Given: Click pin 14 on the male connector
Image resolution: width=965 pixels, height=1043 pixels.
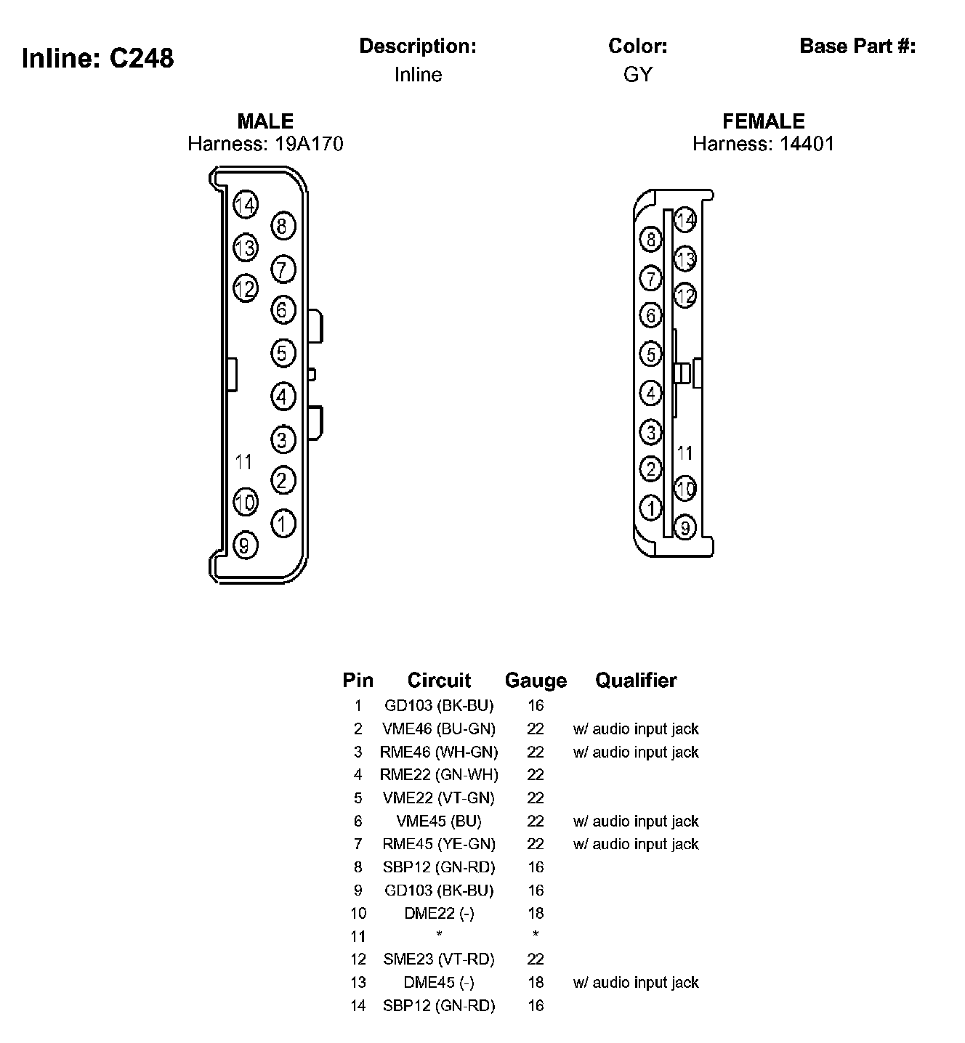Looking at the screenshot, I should pyautogui.click(x=246, y=206).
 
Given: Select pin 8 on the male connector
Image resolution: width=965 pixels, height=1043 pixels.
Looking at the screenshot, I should pyautogui.click(x=283, y=226).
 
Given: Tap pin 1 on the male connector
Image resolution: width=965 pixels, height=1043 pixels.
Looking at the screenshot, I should pyautogui.click(x=283, y=523).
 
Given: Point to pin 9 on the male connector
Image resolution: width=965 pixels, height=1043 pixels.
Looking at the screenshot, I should pyautogui.click(x=245, y=545).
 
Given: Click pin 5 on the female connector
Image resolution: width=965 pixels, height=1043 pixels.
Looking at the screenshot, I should pyautogui.click(x=650, y=354).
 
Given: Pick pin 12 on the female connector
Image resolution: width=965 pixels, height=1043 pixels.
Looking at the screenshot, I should pyautogui.click(x=685, y=296).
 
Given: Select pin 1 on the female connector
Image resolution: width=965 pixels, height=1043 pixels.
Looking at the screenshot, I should pyautogui.click(x=650, y=508).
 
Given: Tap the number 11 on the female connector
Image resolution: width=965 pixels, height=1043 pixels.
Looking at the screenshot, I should pyautogui.click(x=685, y=453).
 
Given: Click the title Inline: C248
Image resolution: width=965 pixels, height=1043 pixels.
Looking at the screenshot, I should pyautogui.click(x=98, y=58).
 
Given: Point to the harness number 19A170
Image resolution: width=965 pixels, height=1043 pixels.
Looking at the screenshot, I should pyautogui.click(x=309, y=144).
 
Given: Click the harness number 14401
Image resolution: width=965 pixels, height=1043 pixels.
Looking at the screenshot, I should pyautogui.click(x=807, y=144).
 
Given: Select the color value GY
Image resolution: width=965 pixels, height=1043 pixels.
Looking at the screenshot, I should pyautogui.click(x=638, y=75).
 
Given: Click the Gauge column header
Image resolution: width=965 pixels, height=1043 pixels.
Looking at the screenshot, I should pyautogui.click(x=536, y=681).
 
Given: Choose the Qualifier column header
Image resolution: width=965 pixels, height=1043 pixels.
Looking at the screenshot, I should pyautogui.click(x=636, y=681).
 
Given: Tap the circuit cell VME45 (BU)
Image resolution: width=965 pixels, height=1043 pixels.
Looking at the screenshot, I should pyautogui.click(x=439, y=821).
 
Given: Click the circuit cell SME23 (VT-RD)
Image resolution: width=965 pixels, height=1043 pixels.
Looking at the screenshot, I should pyautogui.click(x=439, y=959).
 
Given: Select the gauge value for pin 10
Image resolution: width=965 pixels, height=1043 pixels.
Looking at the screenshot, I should pyautogui.click(x=536, y=913).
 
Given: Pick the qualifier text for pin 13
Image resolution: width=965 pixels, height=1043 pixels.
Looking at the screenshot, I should pyautogui.click(x=636, y=983).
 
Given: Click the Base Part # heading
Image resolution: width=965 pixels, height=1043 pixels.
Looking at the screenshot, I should pyautogui.click(x=857, y=46).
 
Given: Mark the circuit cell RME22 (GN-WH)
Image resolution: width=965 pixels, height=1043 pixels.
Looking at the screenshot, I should pyautogui.click(x=439, y=775).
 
